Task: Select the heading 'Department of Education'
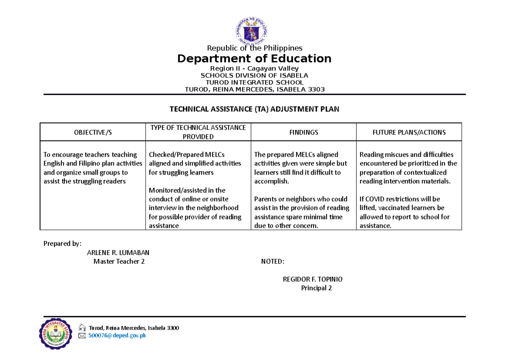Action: point(255,58)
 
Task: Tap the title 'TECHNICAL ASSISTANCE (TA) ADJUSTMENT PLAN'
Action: point(255,109)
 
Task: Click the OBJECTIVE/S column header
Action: point(92,132)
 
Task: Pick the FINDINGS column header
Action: point(304,132)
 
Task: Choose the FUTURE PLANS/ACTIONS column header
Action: point(409,132)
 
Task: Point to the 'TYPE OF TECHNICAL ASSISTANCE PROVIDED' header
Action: point(198,132)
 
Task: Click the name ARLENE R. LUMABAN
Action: point(118,253)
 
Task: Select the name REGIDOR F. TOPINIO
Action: point(313,279)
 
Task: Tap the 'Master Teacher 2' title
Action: point(119,262)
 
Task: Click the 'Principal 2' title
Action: point(316,288)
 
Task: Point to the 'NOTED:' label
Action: point(273,262)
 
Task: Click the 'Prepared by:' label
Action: point(62,244)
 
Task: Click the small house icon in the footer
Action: point(82,327)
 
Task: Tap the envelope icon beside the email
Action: point(82,336)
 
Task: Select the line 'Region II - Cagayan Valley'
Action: point(255,68)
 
